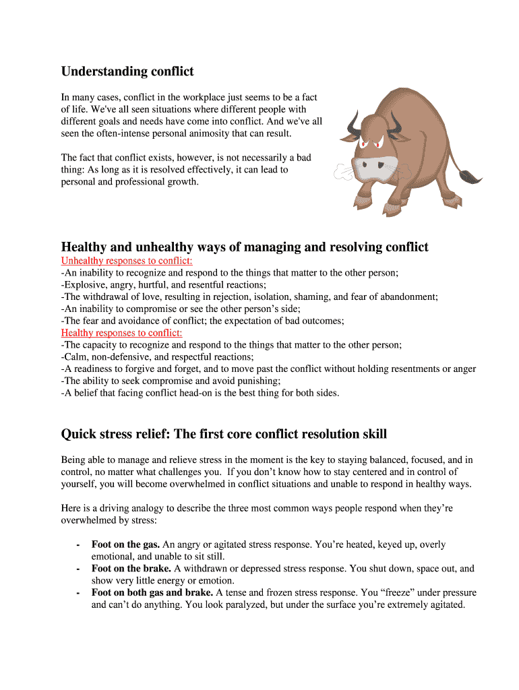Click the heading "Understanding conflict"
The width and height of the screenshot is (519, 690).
[127, 71]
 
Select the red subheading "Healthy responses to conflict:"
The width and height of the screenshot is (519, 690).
[121, 333]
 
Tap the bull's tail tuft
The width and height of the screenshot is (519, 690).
[470, 177]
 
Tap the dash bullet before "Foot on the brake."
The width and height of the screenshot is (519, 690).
[79, 569]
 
